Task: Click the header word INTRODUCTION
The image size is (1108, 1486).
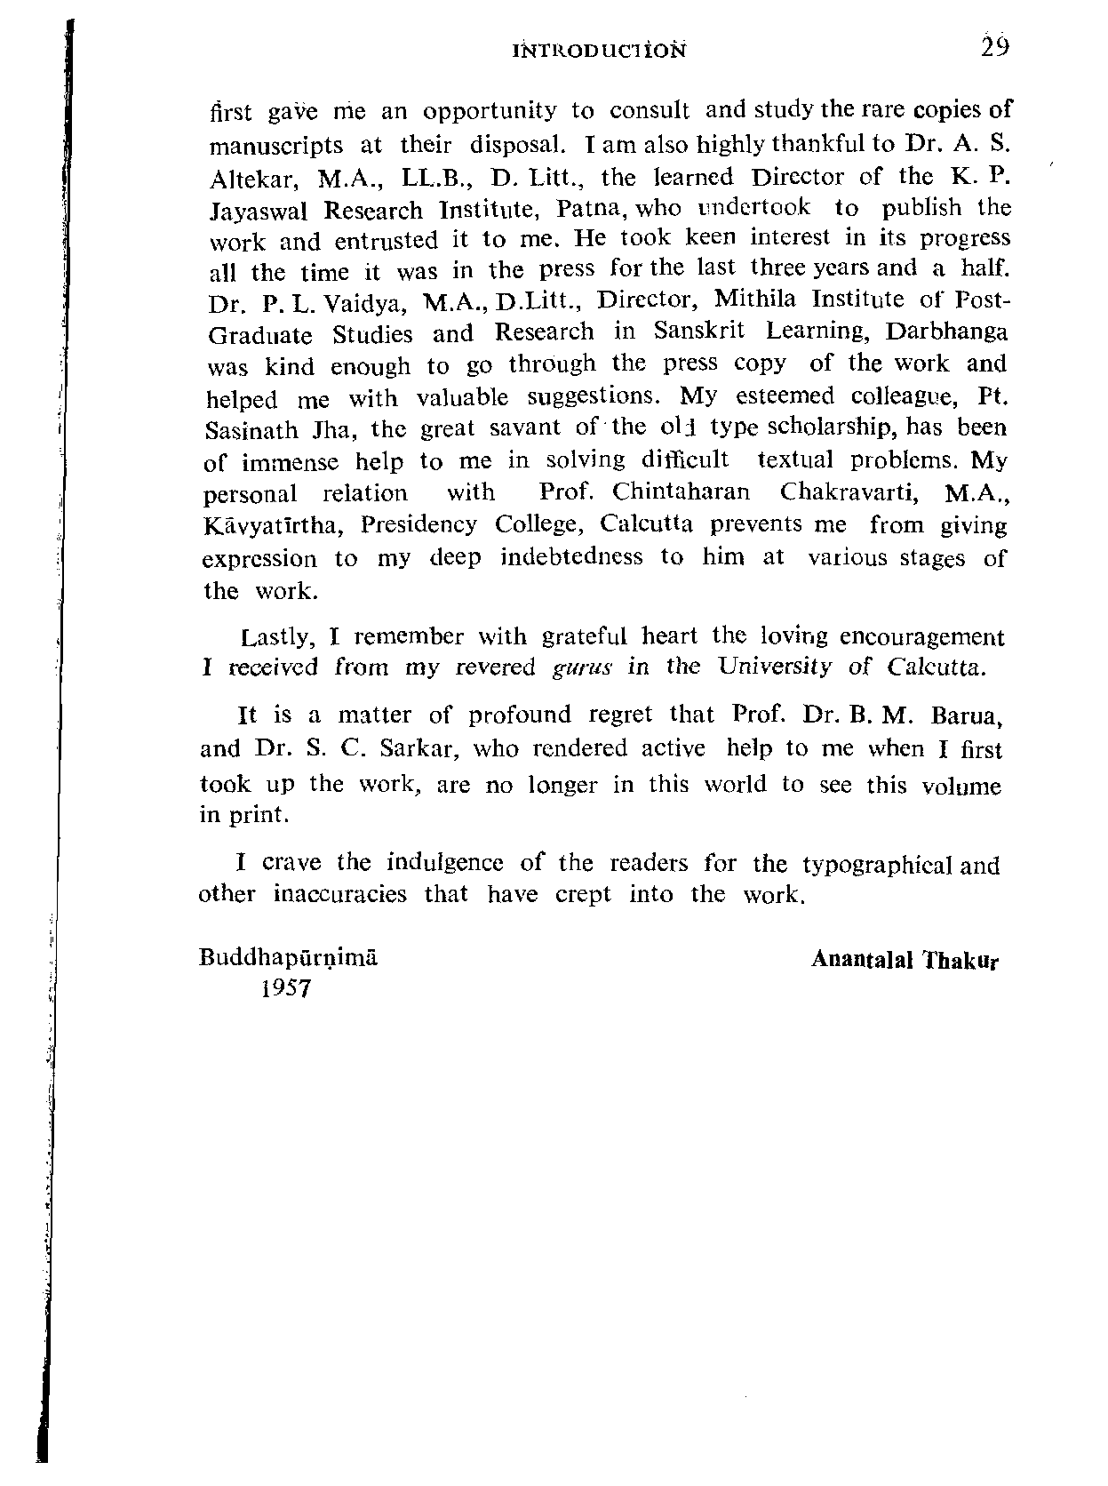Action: pyautogui.click(x=601, y=51)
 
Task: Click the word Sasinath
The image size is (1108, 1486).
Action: pyautogui.click(x=251, y=431)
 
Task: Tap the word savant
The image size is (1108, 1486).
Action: pyautogui.click(x=525, y=428)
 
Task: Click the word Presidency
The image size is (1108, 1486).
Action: pyautogui.click(x=418, y=526)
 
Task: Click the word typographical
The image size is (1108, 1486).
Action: pyautogui.click(x=877, y=865)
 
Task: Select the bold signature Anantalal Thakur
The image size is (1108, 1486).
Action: pyautogui.click(x=905, y=961)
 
